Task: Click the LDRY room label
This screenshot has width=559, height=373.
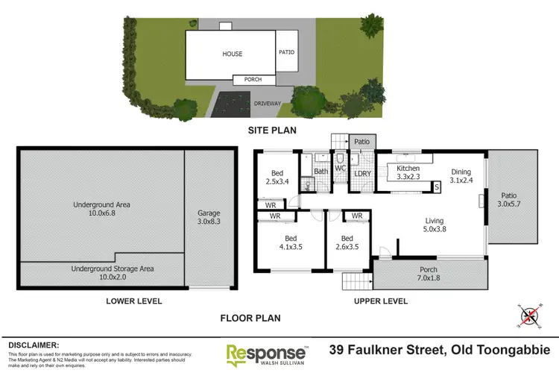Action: (363, 175)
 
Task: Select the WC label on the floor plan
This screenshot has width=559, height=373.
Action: (339, 169)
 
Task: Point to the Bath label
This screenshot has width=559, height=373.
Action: (320, 172)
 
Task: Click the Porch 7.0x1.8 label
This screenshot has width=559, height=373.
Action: (428, 274)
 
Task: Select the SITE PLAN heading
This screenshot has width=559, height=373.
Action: (272, 130)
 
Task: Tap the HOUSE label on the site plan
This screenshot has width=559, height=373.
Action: (232, 54)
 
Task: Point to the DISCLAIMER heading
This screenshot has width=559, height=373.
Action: (33, 345)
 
